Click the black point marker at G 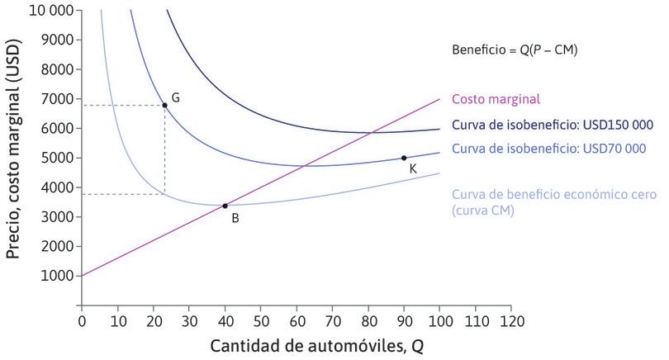[x=164, y=105]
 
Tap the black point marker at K [x=404, y=158]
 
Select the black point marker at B [x=225, y=206]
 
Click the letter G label [x=176, y=97]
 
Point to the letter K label [x=412, y=168]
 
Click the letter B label [x=235, y=218]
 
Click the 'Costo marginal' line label [x=496, y=99]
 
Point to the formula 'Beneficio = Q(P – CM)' [x=515, y=50]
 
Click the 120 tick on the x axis [x=511, y=318]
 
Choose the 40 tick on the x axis [x=225, y=318]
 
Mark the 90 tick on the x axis [x=404, y=318]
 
